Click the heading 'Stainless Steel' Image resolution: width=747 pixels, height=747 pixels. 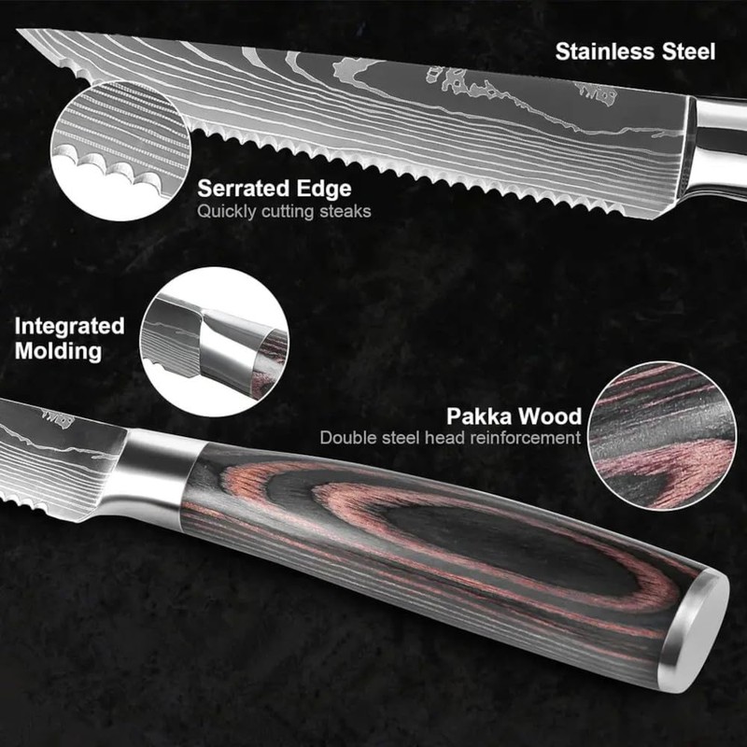635,50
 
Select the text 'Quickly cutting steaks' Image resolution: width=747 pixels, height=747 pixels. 284,211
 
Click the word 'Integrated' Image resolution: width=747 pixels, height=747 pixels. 69,326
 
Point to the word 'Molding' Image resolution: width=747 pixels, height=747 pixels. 58,351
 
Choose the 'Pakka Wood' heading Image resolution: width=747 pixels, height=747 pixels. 514,416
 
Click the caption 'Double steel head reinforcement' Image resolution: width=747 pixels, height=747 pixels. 450,438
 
